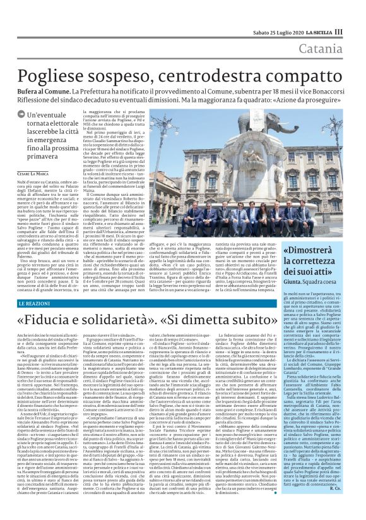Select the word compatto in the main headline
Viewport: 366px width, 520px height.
click(299, 76)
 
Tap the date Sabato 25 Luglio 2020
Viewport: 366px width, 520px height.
click(274, 32)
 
